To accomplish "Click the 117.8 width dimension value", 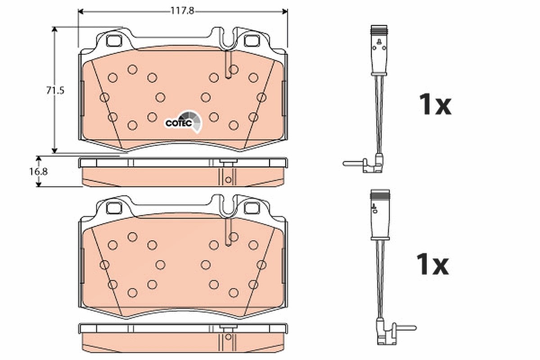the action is pyautogui.click(x=182, y=11).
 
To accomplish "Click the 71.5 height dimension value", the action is pyautogui.click(x=55, y=90).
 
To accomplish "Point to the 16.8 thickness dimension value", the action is pyautogui.click(x=38, y=172).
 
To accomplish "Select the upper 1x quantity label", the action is pyautogui.click(x=435, y=104).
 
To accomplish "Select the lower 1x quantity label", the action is pyautogui.click(x=433, y=264).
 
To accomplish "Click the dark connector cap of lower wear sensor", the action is pyautogui.click(x=380, y=194).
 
